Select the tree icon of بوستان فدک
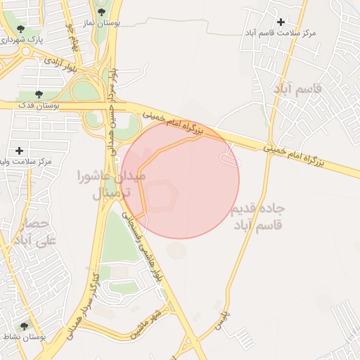[38, 94]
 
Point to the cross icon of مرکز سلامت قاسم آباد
[282, 22]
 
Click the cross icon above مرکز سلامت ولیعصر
[19, 150]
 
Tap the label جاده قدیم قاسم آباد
[258, 217]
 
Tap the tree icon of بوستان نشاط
[25, 326]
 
